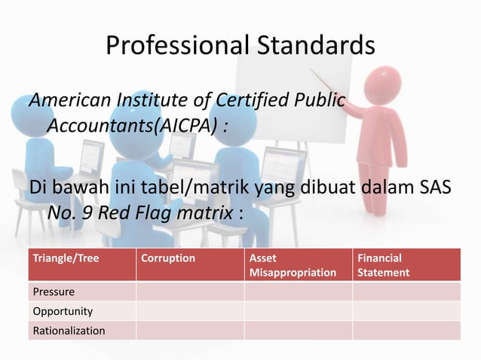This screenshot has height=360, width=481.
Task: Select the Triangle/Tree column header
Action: click(66, 258)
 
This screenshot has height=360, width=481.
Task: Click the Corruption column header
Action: click(168, 258)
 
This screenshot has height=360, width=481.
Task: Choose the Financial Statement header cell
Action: click(384, 264)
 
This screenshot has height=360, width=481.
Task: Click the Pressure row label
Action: click(53, 291)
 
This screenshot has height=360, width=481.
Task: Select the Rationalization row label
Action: click(69, 331)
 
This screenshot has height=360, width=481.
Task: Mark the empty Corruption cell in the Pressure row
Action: click(189, 291)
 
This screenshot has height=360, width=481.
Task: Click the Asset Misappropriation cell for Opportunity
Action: click(298, 311)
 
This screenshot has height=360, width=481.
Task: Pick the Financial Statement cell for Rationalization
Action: click(406, 331)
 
